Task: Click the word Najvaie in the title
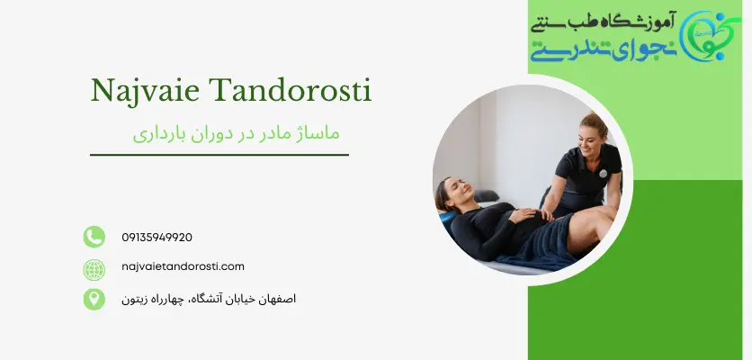pyautogui.click(x=146, y=91)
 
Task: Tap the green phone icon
pyautogui.click(x=94, y=237)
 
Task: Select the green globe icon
pyautogui.click(x=94, y=267)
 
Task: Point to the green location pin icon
pyautogui.click(x=94, y=298)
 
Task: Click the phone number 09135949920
pyautogui.click(x=157, y=238)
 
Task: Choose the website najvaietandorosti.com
pyautogui.click(x=183, y=266)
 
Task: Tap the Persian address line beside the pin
pyautogui.click(x=208, y=298)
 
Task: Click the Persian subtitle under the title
pyautogui.click(x=237, y=132)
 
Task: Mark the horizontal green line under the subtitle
pyautogui.click(x=219, y=155)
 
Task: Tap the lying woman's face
pyautogui.click(x=455, y=195)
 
